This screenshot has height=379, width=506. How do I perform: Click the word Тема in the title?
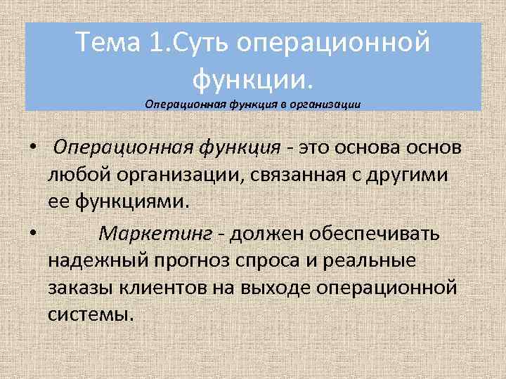108,44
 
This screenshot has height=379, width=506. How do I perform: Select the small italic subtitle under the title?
252,103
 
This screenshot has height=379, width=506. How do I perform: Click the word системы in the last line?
91,314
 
